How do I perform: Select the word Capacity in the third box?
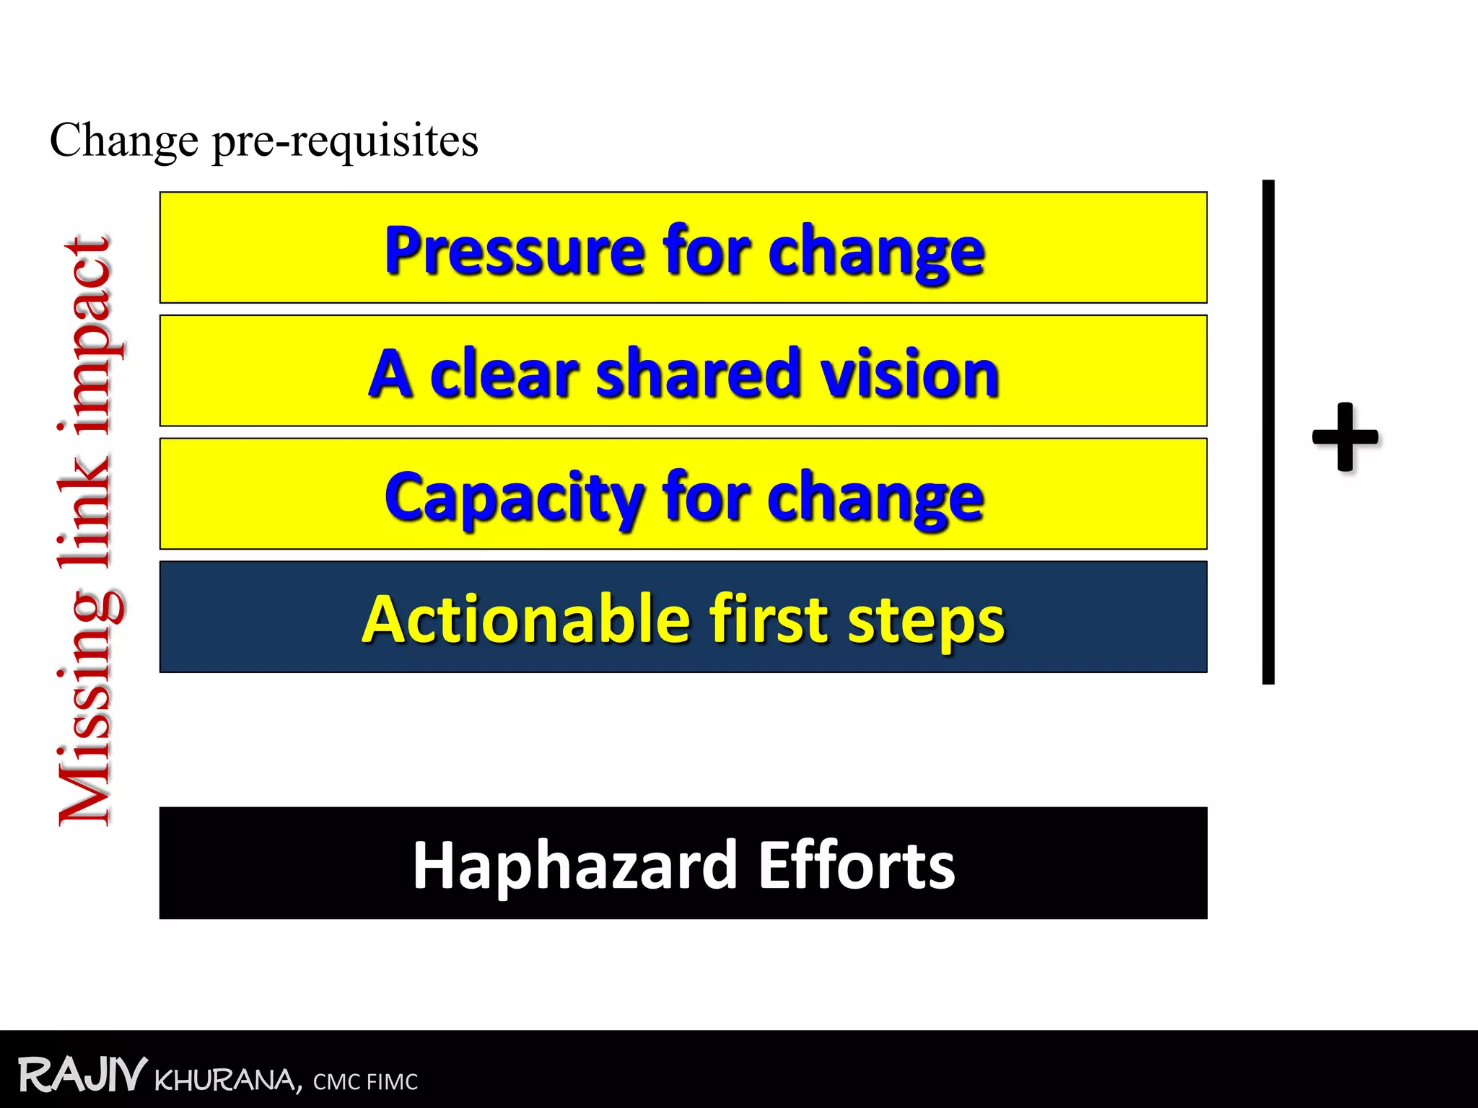[514, 498]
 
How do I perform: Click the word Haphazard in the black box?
[574, 865]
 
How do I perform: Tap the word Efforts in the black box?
[857, 865]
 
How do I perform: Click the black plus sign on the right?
[1344, 436]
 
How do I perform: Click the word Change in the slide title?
[123, 140]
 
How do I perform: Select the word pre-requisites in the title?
[345, 141]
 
